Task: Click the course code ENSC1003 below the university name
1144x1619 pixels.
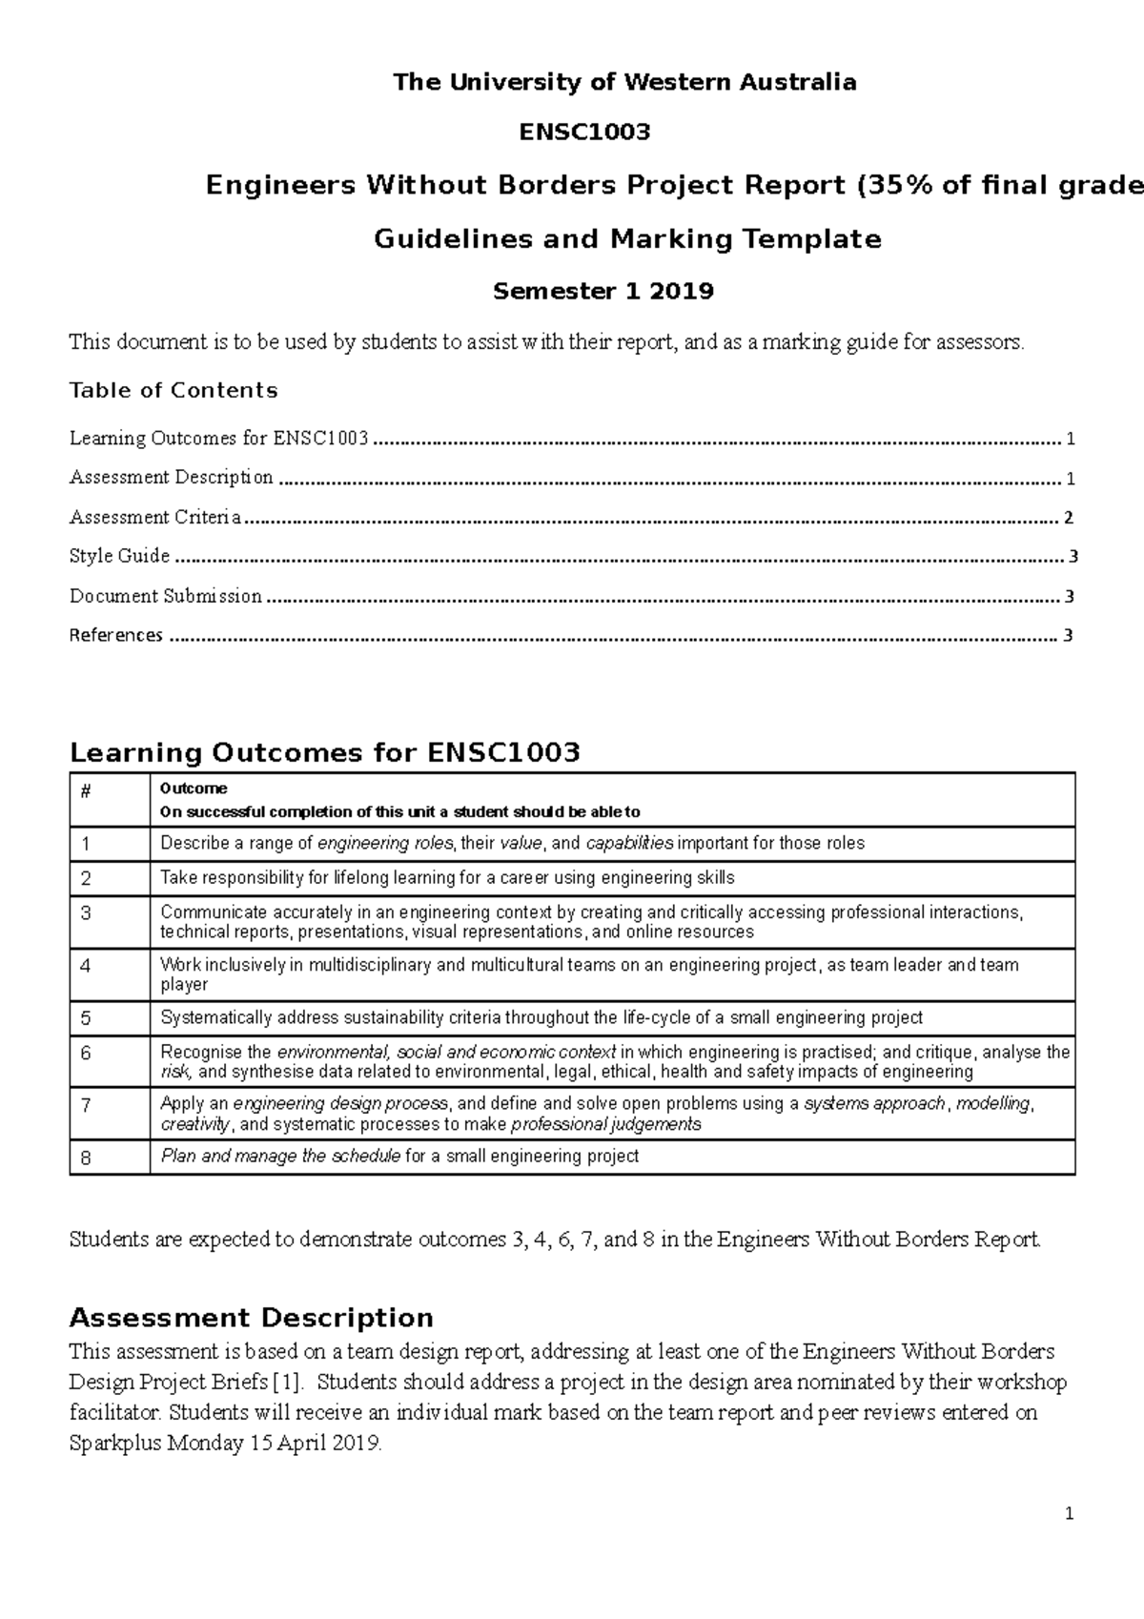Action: click(584, 133)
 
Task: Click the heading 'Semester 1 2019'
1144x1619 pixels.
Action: click(603, 291)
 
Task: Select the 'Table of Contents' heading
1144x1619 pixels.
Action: click(174, 390)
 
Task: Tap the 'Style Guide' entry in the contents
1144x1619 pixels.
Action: click(119, 556)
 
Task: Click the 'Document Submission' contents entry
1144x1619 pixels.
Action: click(165, 596)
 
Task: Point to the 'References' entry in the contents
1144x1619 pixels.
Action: click(115, 635)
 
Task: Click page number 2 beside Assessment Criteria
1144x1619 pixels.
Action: click(1069, 518)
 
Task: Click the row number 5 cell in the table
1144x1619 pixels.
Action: click(86, 1018)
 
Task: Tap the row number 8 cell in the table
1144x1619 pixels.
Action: click(86, 1158)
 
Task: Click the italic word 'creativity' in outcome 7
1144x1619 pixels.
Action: click(194, 1124)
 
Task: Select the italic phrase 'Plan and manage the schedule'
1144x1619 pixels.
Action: click(280, 1157)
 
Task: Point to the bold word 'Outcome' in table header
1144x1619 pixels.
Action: click(194, 789)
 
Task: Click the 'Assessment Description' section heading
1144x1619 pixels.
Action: click(251, 1318)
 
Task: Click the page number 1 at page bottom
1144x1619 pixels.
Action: click(1070, 1514)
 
